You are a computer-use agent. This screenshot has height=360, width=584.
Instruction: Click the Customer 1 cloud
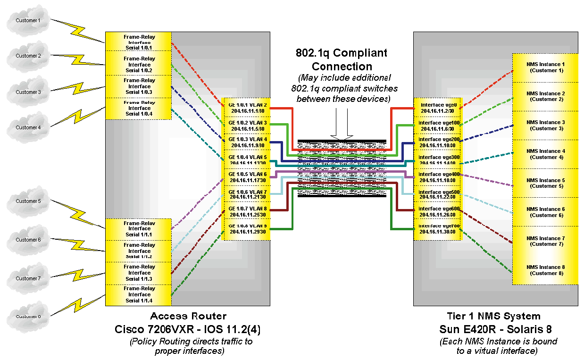coord(28,20)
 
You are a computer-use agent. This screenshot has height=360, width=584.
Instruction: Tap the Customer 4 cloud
coord(28,127)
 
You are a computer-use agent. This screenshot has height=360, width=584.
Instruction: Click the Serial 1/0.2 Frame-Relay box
coord(139,65)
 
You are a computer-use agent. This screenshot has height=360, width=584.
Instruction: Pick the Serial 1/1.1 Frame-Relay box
coord(139,228)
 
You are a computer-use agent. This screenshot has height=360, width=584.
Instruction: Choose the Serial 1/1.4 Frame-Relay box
coord(139,294)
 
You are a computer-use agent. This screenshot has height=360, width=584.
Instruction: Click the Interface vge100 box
coord(437,126)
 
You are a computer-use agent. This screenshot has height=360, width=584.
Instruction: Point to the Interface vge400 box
coord(437,177)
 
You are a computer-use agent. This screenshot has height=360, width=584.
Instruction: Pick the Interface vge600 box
coord(437,211)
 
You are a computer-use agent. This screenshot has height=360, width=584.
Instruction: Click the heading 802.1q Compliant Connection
coord(342,59)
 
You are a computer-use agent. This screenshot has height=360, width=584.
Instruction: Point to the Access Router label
coord(188,316)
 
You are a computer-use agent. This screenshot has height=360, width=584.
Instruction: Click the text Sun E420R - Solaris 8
coord(493,329)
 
